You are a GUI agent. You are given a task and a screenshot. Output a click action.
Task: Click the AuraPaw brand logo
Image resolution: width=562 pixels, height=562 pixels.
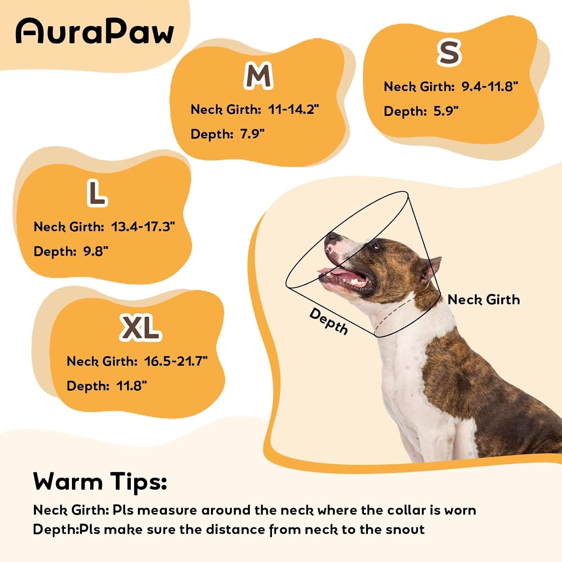tap(95, 31)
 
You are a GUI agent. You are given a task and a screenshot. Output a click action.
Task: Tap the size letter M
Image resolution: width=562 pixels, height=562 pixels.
tap(258, 76)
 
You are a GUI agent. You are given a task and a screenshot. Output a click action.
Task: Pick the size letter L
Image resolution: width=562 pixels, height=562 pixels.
tap(97, 193)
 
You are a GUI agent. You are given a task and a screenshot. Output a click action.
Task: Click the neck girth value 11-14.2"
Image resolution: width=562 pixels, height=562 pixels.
tap(293, 109)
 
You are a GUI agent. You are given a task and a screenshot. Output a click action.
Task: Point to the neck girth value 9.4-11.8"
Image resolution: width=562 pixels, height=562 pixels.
tap(489, 87)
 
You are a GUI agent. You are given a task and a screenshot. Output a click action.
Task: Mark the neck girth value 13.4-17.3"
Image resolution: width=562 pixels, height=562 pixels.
tap(143, 227)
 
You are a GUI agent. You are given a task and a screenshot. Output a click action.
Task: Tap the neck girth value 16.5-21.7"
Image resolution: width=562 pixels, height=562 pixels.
tap(176, 361)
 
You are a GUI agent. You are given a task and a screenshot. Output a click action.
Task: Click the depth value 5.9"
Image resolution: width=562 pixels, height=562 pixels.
tap(446, 111)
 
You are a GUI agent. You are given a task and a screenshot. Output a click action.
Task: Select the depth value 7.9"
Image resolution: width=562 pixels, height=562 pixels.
tap(252, 134)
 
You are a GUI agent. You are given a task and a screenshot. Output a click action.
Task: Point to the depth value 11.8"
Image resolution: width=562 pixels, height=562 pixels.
tap(132, 386)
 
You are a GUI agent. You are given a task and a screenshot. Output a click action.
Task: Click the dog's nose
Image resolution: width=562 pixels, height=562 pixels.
tap(332, 236)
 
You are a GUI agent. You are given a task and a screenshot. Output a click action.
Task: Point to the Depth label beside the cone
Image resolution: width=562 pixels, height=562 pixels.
tap(329, 321)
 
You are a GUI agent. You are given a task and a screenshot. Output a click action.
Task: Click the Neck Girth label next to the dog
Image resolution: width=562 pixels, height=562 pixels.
tap(484, 300)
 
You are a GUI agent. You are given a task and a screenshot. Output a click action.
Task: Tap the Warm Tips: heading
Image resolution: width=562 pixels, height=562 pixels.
tap(100, 481)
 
